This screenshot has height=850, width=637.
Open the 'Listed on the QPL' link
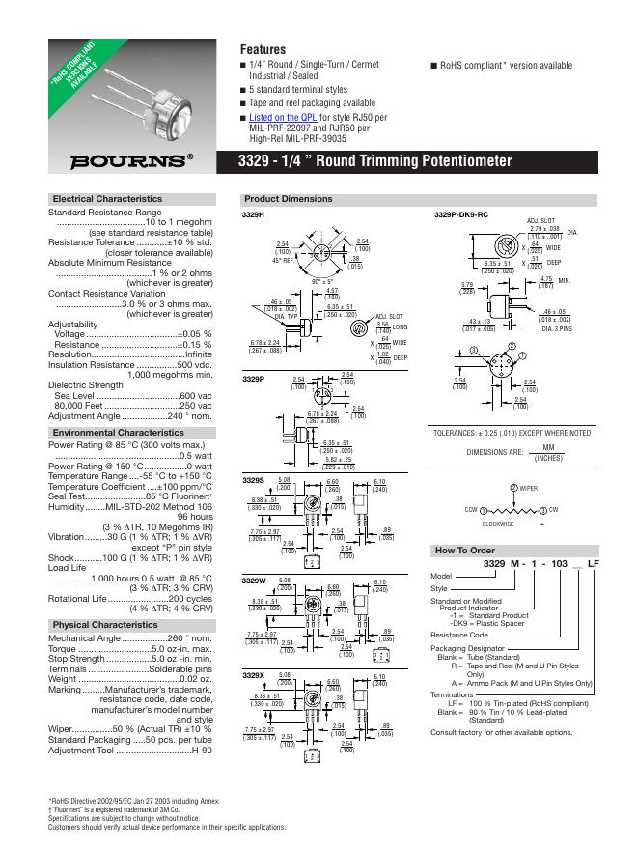(281, 117)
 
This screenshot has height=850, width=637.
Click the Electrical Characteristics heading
(107, 199)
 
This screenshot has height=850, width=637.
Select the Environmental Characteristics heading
(118, 434)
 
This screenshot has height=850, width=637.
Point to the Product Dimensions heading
(289, 199)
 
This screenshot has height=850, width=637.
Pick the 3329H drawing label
(253, 213)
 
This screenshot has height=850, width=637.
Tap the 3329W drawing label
(254, 580)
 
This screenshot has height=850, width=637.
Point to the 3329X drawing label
(253, 675)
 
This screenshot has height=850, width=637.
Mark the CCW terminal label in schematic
(471, 509)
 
